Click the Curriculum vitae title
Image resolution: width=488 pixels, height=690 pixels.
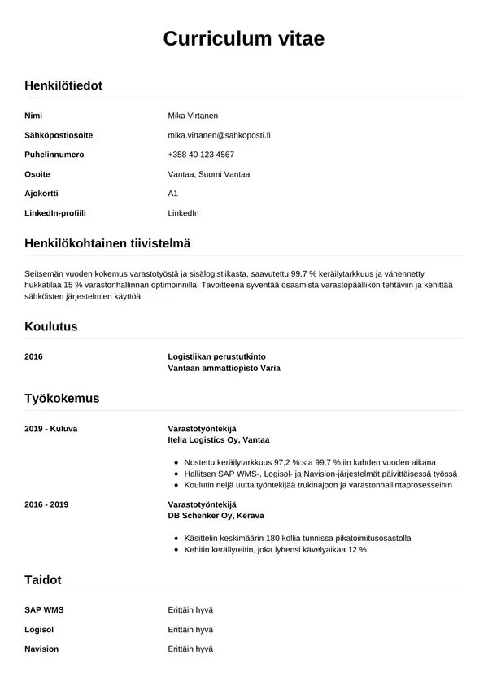244,39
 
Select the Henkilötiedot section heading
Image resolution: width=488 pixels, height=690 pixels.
63,85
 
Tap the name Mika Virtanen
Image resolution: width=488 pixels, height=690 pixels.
193,116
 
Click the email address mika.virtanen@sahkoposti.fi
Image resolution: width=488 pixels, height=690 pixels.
219,135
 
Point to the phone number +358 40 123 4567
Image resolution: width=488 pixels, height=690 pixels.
201,155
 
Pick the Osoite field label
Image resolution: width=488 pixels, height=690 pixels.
37,174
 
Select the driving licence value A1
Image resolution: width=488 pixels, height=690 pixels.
172,194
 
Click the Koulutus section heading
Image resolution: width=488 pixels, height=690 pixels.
51,326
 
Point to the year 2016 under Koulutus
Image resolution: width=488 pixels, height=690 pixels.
34,356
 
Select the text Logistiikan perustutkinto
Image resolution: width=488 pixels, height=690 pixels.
216,356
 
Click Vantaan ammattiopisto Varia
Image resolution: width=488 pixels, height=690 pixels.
224,368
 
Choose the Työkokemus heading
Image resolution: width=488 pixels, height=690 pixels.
62,398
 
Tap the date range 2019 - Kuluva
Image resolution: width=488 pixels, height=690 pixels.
51,428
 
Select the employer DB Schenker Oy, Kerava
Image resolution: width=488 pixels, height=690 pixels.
216,516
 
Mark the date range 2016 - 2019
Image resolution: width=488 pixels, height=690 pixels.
46,504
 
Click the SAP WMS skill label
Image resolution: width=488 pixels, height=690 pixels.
44,609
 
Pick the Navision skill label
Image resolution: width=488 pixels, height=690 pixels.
41,649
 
